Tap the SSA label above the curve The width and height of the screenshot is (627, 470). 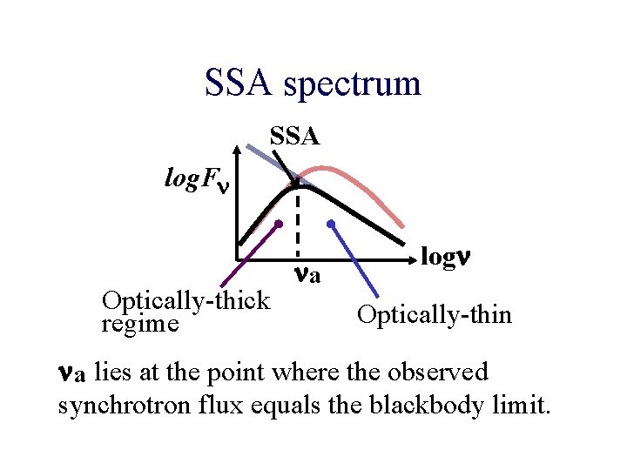[294, 136]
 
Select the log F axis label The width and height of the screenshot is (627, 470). [198, 180]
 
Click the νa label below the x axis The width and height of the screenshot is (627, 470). [307, 276]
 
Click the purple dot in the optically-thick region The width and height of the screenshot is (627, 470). [279, 224]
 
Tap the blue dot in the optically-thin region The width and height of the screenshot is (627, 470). [331, 224]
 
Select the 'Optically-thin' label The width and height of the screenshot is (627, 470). [435, 314]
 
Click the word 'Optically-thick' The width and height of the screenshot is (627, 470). [185, 301]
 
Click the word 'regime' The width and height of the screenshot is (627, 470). [139, 325]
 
